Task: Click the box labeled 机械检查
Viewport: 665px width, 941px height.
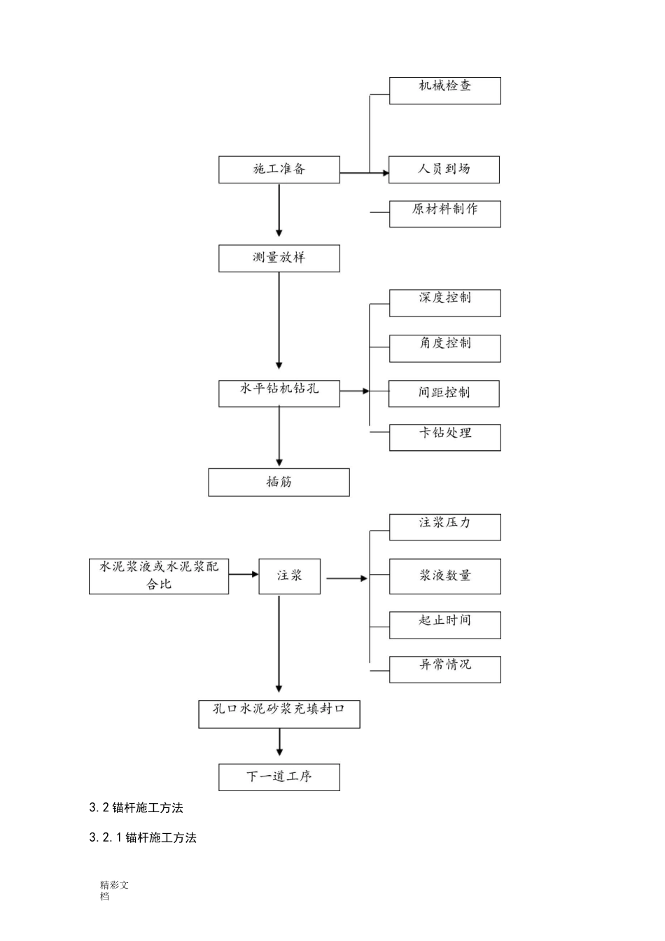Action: point(444,90)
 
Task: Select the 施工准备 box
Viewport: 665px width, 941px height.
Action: point(279,169)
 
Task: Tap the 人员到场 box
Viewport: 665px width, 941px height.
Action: point(444,169)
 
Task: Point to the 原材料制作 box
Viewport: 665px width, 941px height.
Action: point(444,214)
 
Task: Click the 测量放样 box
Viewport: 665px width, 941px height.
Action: point(279,258)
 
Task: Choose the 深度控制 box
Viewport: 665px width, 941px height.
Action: point(444,302)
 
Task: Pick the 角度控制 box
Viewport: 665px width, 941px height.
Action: point(444,348)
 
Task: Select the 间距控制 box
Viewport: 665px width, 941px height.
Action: point(444,393)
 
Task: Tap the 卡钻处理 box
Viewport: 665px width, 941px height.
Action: point(444,437)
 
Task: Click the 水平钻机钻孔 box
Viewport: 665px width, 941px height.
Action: point(279,393)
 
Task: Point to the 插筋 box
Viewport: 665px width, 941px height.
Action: point(279,482)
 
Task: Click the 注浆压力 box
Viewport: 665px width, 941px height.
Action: point(444,527)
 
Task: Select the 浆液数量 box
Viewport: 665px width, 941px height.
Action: point(444,576)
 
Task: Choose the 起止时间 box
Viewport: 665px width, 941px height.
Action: point(444,625)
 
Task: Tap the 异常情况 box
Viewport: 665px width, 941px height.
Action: point(444,669)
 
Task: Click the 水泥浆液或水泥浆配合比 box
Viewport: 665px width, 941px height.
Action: point(159,576)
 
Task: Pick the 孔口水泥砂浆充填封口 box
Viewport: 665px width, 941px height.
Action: point(279,713)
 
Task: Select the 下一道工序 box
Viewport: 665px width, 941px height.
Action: point(279,776)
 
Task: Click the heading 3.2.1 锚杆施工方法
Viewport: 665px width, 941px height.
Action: point(143,837)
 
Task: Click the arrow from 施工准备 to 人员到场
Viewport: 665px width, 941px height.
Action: point(364,172)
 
